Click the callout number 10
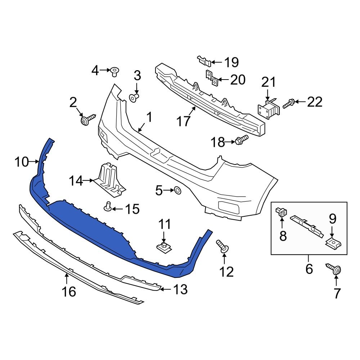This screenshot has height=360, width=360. click(21, 162)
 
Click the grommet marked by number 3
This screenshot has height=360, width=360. click(134, 97)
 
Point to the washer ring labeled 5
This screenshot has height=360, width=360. click(177, 190)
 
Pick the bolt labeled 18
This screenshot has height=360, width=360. click(242, 140)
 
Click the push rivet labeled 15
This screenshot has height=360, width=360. click(107, 206)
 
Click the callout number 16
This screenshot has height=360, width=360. click(69, 292)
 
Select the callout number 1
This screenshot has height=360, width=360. click(149, 117)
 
